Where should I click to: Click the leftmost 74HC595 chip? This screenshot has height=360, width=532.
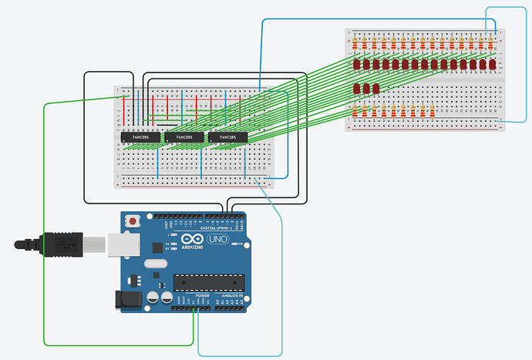coord(140,137)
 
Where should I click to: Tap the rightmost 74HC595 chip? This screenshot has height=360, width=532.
coord(227,137)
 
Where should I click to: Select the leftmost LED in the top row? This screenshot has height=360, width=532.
coord(356,64)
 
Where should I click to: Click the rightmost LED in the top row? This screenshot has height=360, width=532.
coord(492,64)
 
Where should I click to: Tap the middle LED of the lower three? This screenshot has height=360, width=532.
coord(366,89)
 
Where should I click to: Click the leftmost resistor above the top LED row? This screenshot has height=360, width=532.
coord(356,42)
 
